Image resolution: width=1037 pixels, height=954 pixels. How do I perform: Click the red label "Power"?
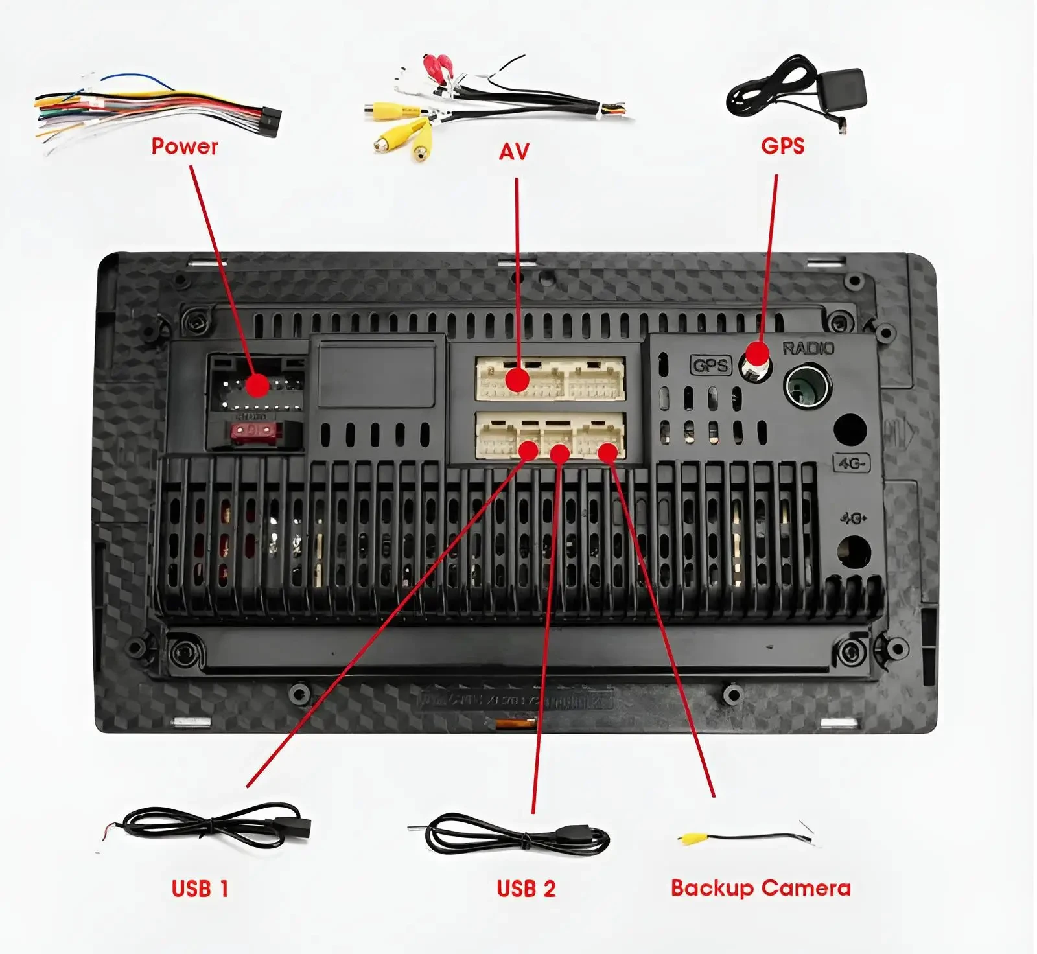pyautogui.click(x=185, y=146)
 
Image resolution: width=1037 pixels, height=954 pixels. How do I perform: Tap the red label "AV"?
pyautogui.click(x=514, y=152)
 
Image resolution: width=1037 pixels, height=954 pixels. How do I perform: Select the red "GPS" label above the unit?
pyautogui.click(x=782, y=146)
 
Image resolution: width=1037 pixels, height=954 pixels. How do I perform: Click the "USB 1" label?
pyautogui.click(x=200, y=889)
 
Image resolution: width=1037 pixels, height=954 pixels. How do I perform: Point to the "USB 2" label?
pyautogui.click(x=526, y=889)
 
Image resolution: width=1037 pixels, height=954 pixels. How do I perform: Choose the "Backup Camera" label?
pyautogui.click(x=760, y=888)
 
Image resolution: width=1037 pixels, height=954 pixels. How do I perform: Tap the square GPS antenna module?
pyautogui.click(x=841, y=91)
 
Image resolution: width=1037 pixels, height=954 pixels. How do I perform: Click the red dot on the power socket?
pyautogui.click(x=257, y=385)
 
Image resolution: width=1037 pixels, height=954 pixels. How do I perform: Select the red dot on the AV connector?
pyautogui.click(x=517, y=380)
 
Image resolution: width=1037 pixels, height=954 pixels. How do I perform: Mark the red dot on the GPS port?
pyautogui.click(x=756, y=355)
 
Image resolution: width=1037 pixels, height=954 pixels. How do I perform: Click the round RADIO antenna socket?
pyautogui.click(x=807, y=386)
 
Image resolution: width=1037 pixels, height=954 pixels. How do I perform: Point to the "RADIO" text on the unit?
pyautogui.click(x=808, y=349)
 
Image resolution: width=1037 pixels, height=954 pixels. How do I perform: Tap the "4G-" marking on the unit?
pyautogui.click(x=851, y=463)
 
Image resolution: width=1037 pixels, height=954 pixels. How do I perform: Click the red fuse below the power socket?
pyautogui.click(x=253, y=430)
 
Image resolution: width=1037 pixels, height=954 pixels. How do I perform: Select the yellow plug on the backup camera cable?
pyautogui.click(x=691, y=839)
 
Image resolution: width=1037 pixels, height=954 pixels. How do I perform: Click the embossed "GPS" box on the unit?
pyautogui.click(x=710, y=366)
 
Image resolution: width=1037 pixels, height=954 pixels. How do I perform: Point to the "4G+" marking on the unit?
pyautogui.click(x=854, y=518)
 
